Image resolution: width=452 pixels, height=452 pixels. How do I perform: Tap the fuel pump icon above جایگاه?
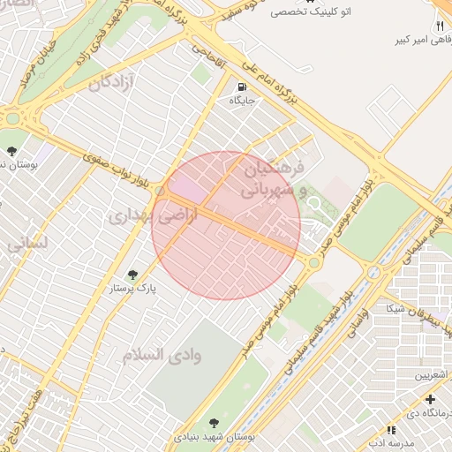tap(242, 87)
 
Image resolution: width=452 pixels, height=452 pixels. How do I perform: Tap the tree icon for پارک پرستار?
tap(133, 275)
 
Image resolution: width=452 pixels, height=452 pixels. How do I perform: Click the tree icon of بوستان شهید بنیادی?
tap(215, 423)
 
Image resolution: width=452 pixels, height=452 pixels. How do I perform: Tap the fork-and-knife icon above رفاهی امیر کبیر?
tap(439, 26)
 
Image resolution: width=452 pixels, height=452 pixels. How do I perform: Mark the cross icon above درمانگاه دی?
tap(430, 400)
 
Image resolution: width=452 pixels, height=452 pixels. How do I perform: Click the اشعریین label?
tap(432, 375)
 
